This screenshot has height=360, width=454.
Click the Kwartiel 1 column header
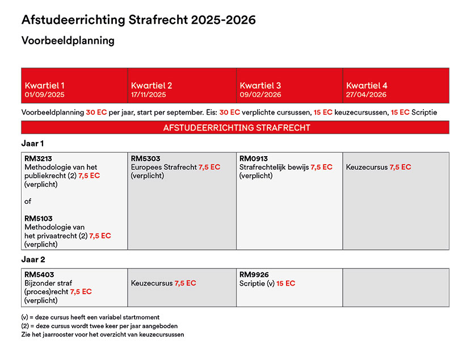(45, 85)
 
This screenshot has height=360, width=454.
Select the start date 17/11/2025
(149, 95)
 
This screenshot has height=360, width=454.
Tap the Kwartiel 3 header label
(260, 85)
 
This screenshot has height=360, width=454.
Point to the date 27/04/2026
(366, 95)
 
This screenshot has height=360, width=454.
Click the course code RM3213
(38, 159)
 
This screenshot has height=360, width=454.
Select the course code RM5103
(39, 219)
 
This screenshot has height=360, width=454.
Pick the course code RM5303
(146, 159)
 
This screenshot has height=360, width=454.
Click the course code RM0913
(254, 159)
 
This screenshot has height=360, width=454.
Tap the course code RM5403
(39, 275)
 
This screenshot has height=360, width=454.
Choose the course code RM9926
(254, 275)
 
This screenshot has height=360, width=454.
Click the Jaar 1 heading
(32, 143)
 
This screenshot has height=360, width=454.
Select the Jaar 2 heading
(33, 259)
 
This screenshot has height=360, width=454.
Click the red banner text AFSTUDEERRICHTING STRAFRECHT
(237, 128)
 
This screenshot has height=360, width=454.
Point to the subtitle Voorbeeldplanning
(68, 40)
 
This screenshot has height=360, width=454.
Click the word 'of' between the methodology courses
(28, 201)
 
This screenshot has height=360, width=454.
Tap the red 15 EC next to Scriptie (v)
(286, 283)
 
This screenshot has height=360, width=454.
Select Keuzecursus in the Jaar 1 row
(367, 167)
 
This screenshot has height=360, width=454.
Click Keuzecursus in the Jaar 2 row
(152, 283)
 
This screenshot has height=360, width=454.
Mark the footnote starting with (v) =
(90, 317)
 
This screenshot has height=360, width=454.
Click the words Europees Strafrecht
(163, 167)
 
